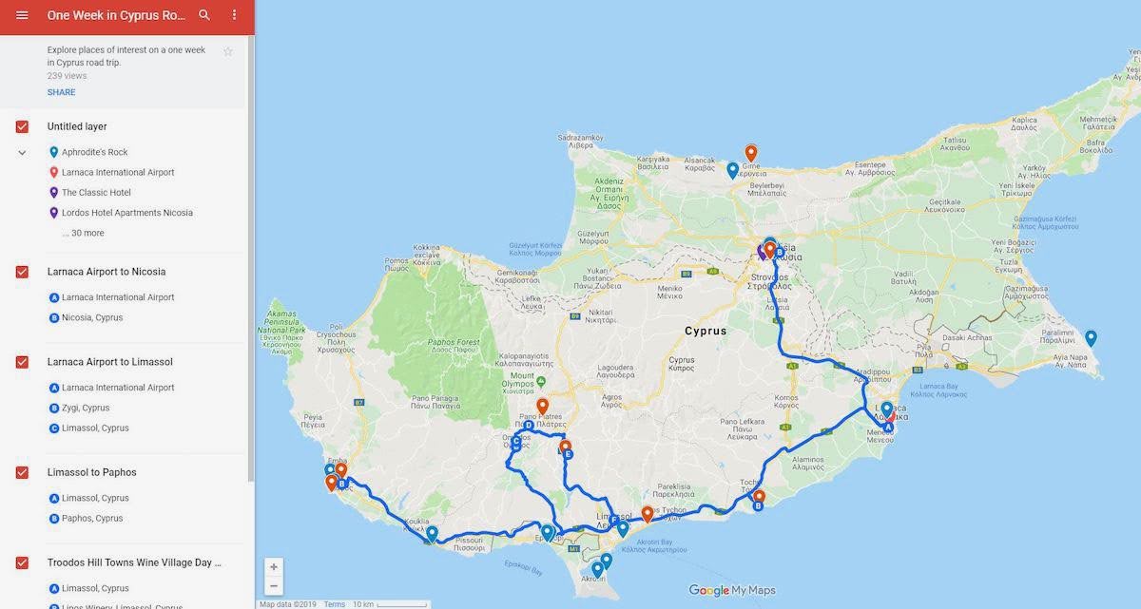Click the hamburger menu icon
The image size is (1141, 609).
[x=22, y=15]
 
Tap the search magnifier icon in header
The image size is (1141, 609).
[x=204, y=15]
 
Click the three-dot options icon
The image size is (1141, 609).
[x=235, y=15]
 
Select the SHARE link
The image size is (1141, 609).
[x=61, y=92]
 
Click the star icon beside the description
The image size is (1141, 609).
[x=228, y=51]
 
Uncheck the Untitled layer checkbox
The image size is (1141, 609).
[x=22, y=126]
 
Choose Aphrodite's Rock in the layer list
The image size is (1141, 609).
[x=94, y=152]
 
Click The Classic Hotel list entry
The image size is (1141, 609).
[x=96, y=193]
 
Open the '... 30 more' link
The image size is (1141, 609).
[x=83, y=233]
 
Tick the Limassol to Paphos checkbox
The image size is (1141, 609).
[x=22, y=472]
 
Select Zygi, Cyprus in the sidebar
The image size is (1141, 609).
[x=86, y=408]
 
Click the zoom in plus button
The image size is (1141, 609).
[x=274, y=567]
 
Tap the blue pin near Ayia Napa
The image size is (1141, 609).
[x=1091, y=338]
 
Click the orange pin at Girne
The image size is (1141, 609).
[x=751, y=152]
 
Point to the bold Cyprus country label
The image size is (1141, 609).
[x=706, y=332]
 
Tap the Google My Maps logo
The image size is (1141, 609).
[x=731, y=590]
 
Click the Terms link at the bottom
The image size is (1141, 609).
[x=334, y=604]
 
